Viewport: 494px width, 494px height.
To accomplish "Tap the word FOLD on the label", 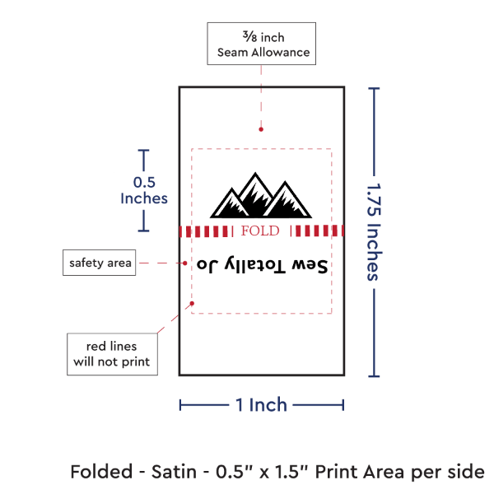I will [260, 231].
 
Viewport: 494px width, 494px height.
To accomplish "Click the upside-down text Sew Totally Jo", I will [262, 266].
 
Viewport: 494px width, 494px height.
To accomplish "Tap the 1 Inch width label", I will [261, 404].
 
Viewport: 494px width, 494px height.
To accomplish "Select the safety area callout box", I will [100, 263].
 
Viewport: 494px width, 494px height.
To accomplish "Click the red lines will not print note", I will [112, 352].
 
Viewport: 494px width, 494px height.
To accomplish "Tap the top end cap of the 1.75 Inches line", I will [375, 88].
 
